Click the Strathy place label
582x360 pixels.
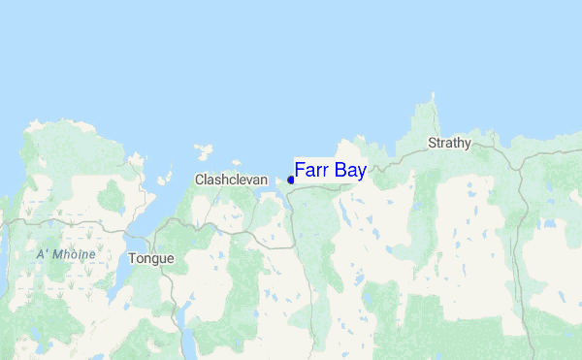click(449, 144)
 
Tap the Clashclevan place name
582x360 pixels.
click(231, 180)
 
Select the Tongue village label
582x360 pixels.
click(151, 259)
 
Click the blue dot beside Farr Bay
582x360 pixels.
click(291, 180)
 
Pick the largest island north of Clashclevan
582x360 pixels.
click(204, 151)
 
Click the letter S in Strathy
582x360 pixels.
click(433, 144)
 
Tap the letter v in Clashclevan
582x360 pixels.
click(246, 180)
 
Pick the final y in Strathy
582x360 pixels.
click(468, 145)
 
